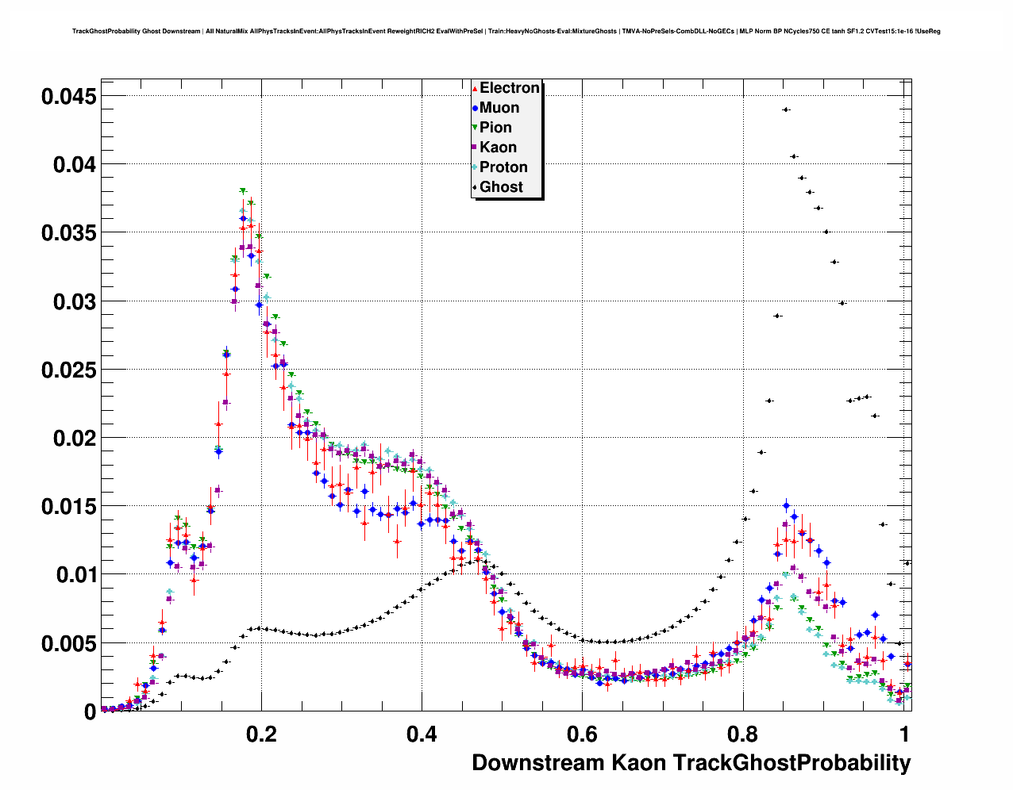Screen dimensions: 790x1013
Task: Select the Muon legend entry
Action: [499, 108]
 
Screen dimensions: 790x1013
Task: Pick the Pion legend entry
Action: [495, 128]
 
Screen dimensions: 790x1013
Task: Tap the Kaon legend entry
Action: [498, 148]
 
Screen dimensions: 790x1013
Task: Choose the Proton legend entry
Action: [503, 167]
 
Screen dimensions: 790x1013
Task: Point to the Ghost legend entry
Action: [501, 187]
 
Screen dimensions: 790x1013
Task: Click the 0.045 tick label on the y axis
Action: [68, 97]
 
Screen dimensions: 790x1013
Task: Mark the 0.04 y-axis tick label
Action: [75, 165]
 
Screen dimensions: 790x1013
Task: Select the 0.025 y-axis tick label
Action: [68, 370]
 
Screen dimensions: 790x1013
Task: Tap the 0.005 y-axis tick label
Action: [68, 644]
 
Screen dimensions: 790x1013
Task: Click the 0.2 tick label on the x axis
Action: [261, 734]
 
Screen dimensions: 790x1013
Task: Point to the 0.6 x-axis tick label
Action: [582, 734]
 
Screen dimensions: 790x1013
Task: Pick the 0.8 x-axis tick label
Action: [742, 734]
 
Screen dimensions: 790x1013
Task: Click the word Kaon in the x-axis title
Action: [638, 763]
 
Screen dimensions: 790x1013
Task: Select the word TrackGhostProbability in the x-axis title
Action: [792, 763]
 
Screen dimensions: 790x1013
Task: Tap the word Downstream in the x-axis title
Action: [537, 763]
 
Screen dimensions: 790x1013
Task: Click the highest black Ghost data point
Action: [785, 109]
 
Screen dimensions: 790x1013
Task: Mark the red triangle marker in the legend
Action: [475, 89]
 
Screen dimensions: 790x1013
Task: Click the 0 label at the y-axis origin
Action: [90, 712]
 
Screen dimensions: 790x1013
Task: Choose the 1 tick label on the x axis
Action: [904, 734]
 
